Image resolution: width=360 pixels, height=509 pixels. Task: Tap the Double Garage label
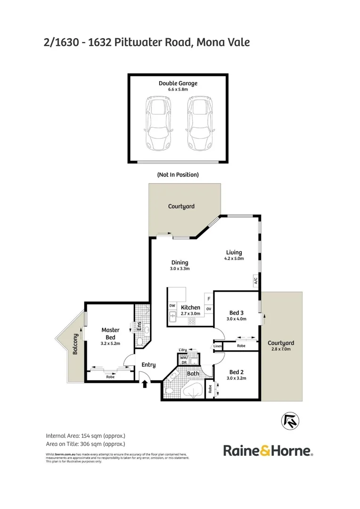point(178,83)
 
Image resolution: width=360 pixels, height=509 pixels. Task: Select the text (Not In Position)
point(178,174)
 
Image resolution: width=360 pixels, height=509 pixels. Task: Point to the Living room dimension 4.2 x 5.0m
point(234,258)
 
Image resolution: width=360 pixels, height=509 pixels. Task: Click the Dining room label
point(180,263)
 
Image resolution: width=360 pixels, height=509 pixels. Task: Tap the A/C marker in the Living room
point(255,281)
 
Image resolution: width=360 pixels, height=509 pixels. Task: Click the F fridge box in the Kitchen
point(208,298)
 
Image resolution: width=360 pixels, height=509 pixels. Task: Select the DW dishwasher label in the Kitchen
point(172,306)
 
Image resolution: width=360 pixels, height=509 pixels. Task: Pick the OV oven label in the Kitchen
point(208,309)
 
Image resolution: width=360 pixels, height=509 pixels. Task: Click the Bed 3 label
point(236,312)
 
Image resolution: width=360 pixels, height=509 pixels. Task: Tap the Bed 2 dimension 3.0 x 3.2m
point(236,378)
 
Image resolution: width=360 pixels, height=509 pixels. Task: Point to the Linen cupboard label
point(217,346)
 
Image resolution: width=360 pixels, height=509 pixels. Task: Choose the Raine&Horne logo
point(268,451)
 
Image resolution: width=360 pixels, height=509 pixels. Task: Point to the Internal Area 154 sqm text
point(85,435)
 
